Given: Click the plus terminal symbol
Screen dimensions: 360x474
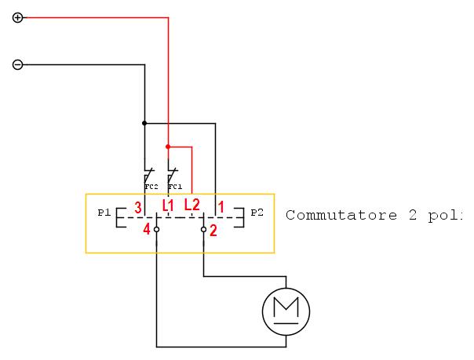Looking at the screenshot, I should pos(18,17).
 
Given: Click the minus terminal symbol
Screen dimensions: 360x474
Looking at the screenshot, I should pos(18,64).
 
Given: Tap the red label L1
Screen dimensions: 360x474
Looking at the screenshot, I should pos(169,205).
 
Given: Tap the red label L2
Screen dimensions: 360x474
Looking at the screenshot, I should pos(192,205).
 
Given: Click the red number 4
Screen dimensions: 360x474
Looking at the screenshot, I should pos(146,230).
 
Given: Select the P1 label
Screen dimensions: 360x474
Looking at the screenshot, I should pos(104,213).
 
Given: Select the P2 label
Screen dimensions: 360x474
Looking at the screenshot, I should pos(257,213).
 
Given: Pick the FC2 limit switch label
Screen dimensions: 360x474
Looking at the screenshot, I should pos(151,187).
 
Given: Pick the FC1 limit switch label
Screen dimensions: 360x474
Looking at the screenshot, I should pos(175,187).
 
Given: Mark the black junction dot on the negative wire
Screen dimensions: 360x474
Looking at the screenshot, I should pos(144,122).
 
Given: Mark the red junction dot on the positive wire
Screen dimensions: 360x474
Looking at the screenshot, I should pos(169,146).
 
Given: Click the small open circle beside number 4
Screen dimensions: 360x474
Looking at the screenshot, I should pos(157,230).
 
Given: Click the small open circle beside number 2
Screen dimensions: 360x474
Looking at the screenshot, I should pos(204,230).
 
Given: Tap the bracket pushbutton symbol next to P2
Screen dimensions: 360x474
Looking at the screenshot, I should pos(241,218).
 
